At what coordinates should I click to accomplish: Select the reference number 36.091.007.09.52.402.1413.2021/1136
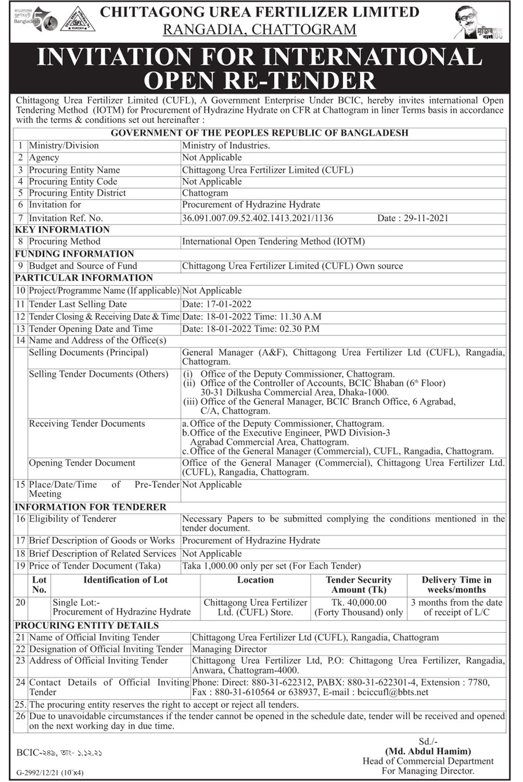(257, 218)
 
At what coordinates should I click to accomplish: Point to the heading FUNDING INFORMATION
(74, 253)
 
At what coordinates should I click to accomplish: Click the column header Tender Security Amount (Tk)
(359, 584)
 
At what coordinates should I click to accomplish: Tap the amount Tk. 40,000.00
(359, 603)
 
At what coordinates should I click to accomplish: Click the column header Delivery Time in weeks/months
(456, 584)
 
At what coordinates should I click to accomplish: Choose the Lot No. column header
(39, 584)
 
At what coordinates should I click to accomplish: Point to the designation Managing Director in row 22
(230, 649)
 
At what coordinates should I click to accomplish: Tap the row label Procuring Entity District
(78, 193)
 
